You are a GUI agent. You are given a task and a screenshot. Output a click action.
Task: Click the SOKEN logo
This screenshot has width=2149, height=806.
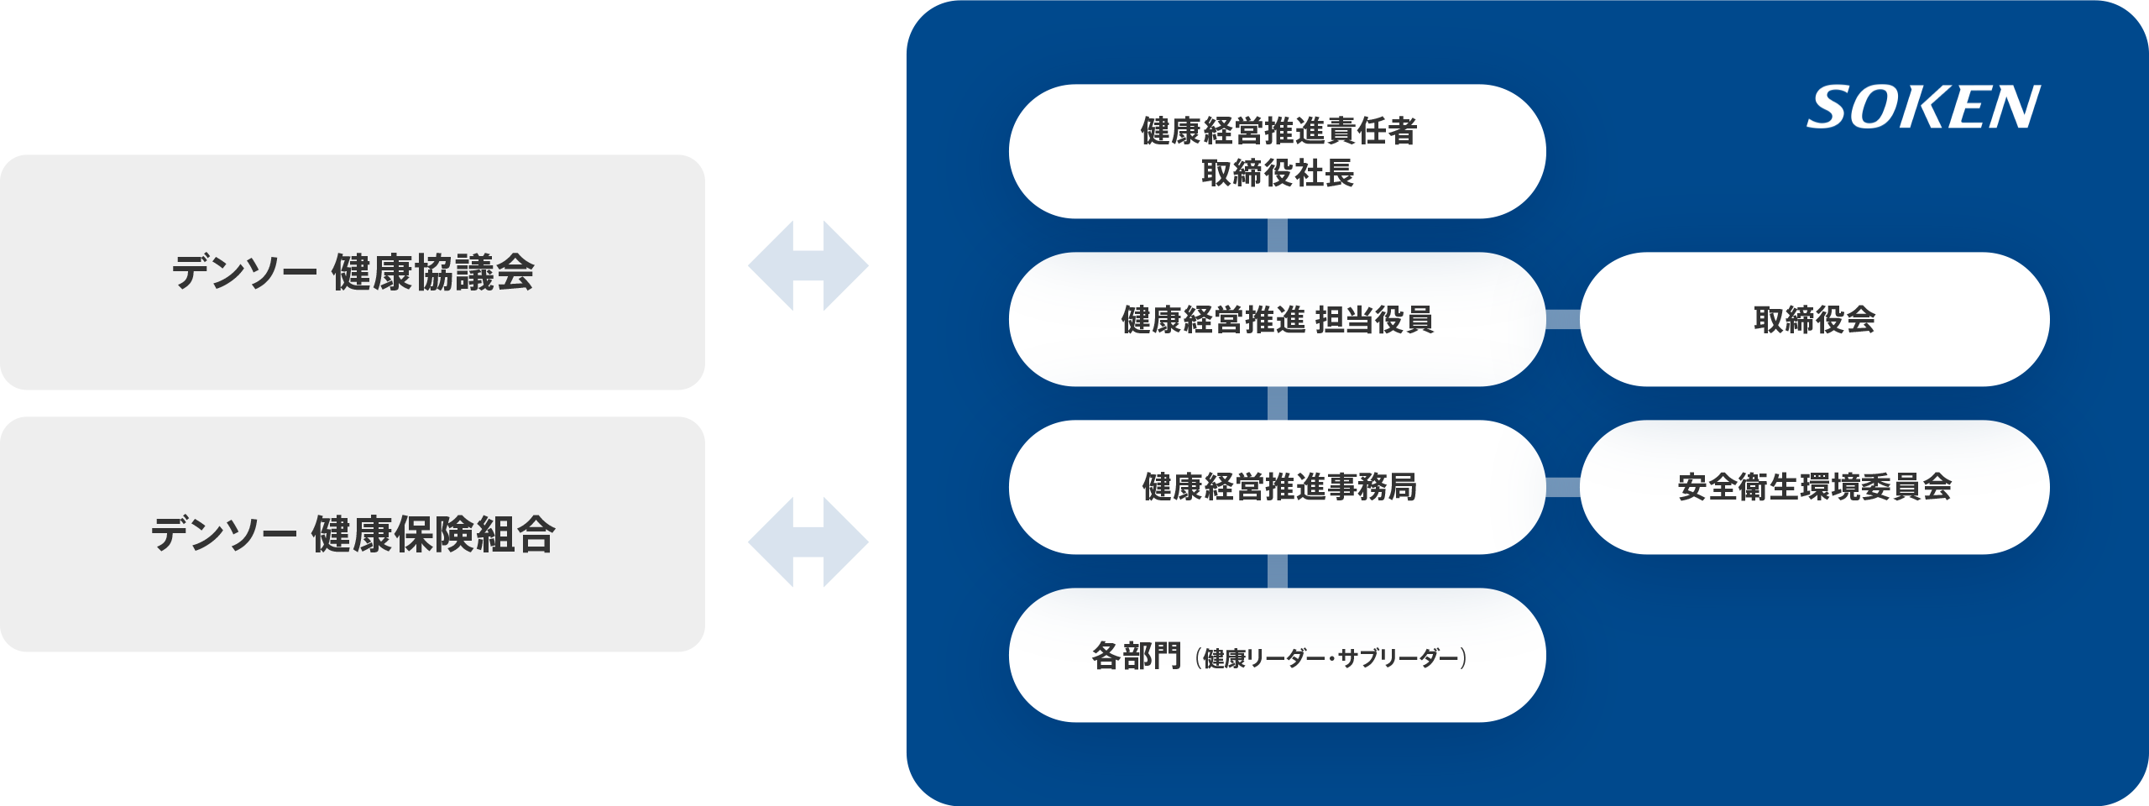tap(1922, 107)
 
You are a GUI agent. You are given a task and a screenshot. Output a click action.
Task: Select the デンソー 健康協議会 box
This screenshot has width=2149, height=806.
tap(353, 272)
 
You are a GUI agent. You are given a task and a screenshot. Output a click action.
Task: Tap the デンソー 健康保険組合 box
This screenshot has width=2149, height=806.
tap(353, 534)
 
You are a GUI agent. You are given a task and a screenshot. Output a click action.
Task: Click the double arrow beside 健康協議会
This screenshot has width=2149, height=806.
tap(808, 266)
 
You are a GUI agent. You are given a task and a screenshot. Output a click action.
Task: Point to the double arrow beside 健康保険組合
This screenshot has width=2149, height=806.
tap(808, 542)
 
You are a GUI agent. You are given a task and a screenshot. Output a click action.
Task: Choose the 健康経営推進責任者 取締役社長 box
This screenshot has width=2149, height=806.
tap(1277, 151)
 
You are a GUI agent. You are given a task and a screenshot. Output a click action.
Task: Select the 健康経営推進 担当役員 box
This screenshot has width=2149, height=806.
tap(1277, 319)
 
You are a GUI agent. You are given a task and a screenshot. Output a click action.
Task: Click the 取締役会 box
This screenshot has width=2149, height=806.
tap(1814, 319)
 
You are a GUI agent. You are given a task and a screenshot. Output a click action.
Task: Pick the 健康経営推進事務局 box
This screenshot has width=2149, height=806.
tap(1277, 487)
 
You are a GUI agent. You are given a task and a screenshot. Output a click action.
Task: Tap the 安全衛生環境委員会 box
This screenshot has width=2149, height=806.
tap(1814, 487)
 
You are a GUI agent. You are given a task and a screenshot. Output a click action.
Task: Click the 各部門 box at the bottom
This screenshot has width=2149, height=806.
tap(1277, 655)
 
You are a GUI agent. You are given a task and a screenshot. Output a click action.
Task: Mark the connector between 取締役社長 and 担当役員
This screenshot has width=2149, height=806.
tap(1277, 235)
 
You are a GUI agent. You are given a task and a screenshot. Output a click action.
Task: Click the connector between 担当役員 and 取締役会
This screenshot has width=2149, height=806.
tap(1562, 319)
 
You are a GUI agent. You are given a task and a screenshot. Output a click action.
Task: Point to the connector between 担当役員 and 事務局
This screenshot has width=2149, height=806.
tap(1277, 403)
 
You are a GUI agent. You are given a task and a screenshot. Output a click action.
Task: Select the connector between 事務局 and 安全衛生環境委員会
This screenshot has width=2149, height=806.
tap(1562, 487)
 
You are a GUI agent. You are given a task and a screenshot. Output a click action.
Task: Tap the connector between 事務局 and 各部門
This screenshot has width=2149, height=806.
tap(1277, 571)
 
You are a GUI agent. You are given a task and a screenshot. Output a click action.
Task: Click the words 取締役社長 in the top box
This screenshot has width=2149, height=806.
tap(1277, 174)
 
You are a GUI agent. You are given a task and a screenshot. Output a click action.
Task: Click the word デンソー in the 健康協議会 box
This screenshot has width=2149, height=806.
tap(244, 272)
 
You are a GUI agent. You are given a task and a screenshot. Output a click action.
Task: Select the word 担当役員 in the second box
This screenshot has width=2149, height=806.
tap(1374, 320)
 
